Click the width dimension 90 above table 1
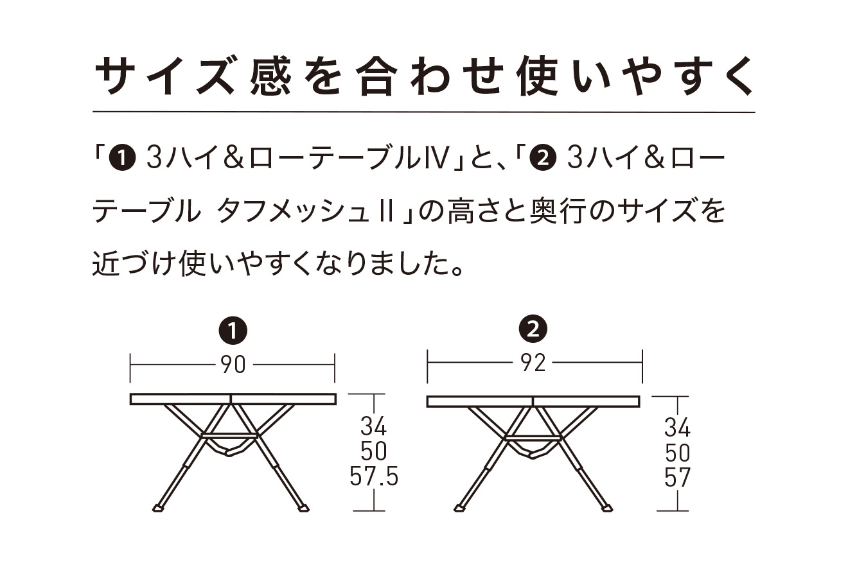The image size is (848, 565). coord(233,365)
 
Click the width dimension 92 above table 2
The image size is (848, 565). coord(533,363)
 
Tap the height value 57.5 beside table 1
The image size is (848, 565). coord(374,476)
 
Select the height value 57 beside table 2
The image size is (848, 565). coord(676,478)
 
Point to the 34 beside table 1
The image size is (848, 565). coord(373,426)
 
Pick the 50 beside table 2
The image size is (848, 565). coord(676,453)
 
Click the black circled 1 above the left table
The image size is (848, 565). coord(233,331)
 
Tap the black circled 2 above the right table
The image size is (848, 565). coord(533,330)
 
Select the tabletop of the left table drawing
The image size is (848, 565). coord(233,399)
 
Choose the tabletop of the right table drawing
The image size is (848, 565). coord(534,401)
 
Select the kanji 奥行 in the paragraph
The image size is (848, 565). coord(554,211)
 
